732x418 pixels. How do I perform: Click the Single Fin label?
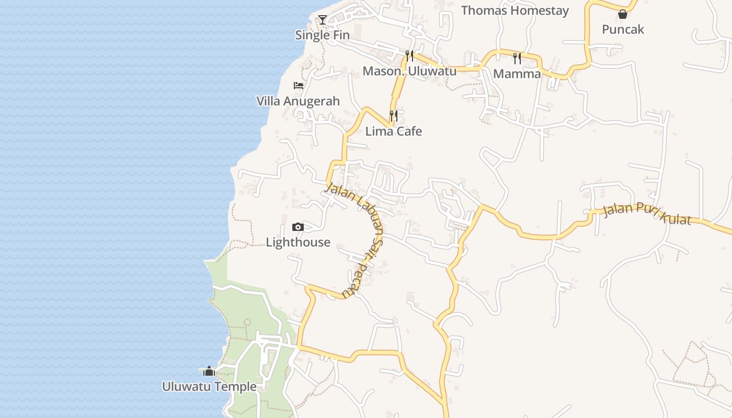pyautogui.click(x=322, y=35)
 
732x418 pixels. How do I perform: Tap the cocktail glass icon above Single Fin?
pyautogui.click(x=323, y=20)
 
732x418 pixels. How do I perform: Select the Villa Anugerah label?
pyautogui.click(x=298, y=101)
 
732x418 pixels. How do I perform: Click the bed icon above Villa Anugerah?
pyautogui.click(x=299, y=85)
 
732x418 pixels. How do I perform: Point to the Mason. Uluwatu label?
pyautogui.click(x=409, y=71)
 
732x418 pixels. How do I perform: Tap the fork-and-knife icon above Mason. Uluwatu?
pyautogui.click(x=409, y=55)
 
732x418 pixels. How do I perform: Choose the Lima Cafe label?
pyautogui.click(x=393, y=131)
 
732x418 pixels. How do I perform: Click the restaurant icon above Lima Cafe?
pyautogui.click(x=394, y=115)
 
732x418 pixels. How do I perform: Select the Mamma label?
pyautogui.click(x=517, y=74)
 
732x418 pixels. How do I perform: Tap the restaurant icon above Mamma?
pyautogui.click(x=517, y=58)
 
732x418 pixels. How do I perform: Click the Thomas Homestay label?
pyautogui.click(x=514, y=10)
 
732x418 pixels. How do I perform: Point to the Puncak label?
pyautogui.click(x=623, y=29)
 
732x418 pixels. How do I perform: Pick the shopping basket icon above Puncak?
pyautogui.click(x=623, y=14)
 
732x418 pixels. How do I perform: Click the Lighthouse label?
pyautogui.click(x=298, y=242)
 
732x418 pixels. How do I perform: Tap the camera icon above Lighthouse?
pyautogui.click(x=298, y=227)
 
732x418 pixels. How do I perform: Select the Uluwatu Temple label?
pyautogui.click(x=209, y=387)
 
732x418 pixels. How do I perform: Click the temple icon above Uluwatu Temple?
pyautogui.click(x=209, y=371)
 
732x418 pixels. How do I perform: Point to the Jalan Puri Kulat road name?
pyautogui.click(x=647, y=213)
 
